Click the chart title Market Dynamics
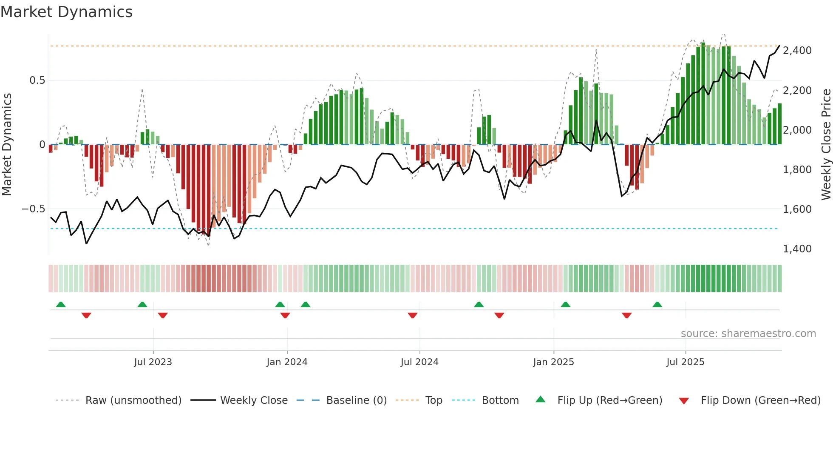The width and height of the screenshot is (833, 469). [66, 12]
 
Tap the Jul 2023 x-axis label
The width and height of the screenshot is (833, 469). [153, 362]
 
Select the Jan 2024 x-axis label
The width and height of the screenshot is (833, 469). [287, 362]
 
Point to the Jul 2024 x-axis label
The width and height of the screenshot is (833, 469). [419, 362]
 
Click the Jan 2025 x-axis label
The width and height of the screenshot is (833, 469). [553, 362]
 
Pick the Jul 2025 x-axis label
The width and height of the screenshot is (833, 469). [685, 362]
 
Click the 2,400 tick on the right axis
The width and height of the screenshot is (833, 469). [797, 51]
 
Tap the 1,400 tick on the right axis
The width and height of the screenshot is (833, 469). [797, 249]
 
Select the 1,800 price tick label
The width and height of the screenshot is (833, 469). [797, 170]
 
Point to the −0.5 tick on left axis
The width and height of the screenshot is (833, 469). [33, 209]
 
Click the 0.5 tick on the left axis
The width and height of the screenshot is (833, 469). [37, 80]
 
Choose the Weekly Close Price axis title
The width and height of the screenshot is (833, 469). [826, 144]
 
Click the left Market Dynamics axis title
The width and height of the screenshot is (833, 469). [7, 144]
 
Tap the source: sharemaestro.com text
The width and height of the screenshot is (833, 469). [748, 334]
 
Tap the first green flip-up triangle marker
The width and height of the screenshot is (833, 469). [61, 305]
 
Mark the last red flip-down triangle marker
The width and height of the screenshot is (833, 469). [626, 315]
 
